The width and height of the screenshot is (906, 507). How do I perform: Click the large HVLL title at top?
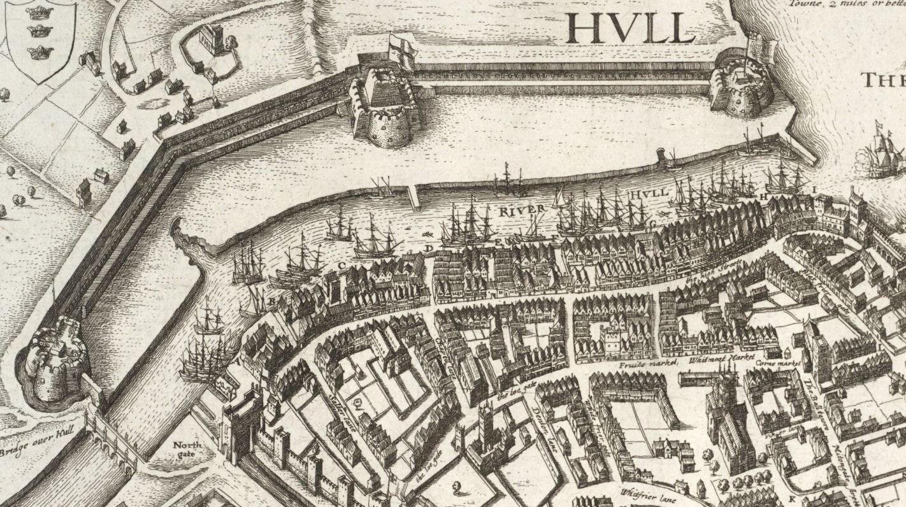[629, 27]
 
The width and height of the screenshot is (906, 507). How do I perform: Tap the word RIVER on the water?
[522, 210]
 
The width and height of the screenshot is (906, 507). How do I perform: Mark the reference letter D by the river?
[429, 247]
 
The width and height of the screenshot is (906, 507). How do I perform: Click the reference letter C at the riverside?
[342, 264]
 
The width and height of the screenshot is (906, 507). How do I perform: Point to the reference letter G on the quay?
[652, 222]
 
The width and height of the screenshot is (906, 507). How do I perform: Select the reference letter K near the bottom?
[792, 497]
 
